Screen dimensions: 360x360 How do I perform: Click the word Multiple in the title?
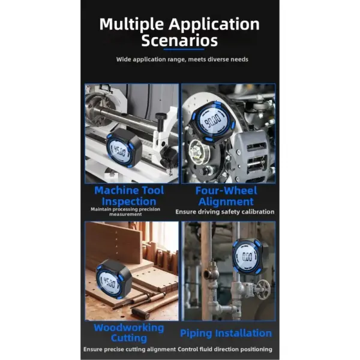(131, 25)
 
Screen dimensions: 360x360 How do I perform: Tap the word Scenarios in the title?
(179, 40)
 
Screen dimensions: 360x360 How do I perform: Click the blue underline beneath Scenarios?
(184, 49)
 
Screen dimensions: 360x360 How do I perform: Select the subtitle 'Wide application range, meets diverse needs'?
(182, 59)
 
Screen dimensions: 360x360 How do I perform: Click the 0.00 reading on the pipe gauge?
(247, 257)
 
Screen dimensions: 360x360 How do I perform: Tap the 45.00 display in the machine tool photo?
(119, 151)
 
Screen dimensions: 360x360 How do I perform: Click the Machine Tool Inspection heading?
(129, 196)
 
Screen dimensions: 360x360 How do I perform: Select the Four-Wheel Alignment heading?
(226, 196)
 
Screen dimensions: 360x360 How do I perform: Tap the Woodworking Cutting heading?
(129, 332)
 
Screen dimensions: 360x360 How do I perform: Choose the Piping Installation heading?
(226, 334)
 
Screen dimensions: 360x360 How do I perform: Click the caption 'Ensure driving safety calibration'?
(225, 212)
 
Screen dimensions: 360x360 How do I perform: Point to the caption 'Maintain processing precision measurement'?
(125, 212)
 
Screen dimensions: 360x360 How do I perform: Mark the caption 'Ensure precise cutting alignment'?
(130, 349)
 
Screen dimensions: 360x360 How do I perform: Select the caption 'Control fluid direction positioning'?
(225, 349)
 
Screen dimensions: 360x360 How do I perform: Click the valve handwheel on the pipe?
(263, 289)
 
